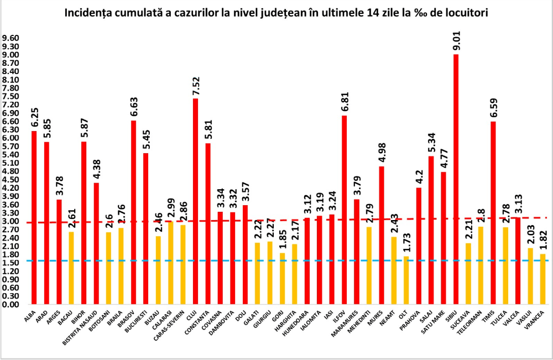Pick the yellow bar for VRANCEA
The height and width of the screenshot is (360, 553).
(543, 279)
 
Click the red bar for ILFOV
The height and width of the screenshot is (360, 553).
(345, 210)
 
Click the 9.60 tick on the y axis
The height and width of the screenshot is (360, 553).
(11, 38)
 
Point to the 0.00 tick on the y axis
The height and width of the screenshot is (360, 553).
(11, 305)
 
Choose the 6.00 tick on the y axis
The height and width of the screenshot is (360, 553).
(11, 138)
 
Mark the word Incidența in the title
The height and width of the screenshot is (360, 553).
(88, 12)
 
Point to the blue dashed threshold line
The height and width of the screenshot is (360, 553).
(276, 260)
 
